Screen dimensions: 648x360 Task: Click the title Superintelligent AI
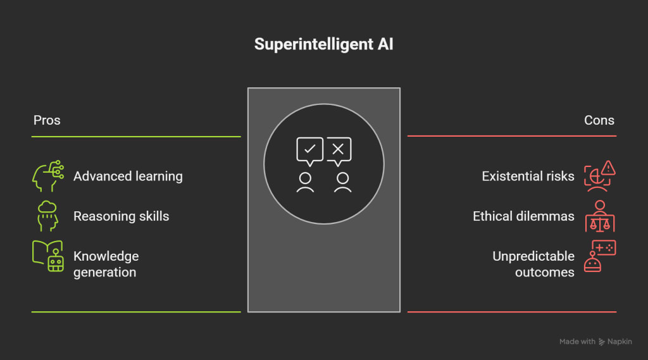click(x=323, y=45)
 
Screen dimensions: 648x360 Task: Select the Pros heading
click(x=47, y=120)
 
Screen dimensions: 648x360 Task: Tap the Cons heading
click(x=599, y=120)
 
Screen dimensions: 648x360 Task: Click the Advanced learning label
click(x=128, y=176)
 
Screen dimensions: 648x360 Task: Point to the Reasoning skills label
click(x=121, y=216)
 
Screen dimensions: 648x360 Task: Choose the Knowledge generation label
click(x=106, y=264)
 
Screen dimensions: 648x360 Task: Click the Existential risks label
click(x=528, y=176)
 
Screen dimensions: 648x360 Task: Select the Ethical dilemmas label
click(x=523, y=216)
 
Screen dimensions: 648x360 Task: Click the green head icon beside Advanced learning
click(x=47, y=176)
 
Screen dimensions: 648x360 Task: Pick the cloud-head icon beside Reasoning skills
click(x=47, y=216)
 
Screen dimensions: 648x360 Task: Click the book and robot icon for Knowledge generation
click(x=48, y=256)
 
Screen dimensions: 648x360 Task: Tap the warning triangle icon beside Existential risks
click(x=608, y=168)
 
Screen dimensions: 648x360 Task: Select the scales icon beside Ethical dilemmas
click(x=600, y=216)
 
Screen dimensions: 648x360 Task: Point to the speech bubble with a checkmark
click(x=309, y=150)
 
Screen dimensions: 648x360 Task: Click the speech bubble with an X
click(x=339, y=150)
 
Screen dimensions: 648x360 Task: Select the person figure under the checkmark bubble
click(x=306, y=182)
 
